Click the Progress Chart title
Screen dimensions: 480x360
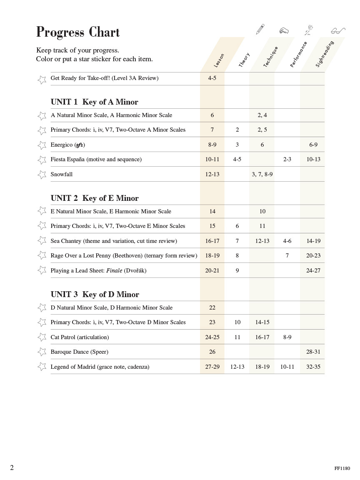coord(78,32)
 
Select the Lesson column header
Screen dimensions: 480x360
coord(219,60)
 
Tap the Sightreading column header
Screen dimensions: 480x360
coord(325,54)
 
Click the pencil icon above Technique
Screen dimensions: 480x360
coord(260,29)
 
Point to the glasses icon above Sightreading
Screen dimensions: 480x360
coord(338,30)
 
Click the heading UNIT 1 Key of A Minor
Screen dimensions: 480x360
coord(94,102)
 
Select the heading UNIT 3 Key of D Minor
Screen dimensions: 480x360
coord(95,295)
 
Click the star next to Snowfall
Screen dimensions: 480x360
coord(42,175)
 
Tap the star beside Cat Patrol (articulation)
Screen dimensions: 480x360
coord(42,337)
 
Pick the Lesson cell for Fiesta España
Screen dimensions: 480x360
coord(212,160)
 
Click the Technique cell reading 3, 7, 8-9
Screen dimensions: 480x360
coord(262,175)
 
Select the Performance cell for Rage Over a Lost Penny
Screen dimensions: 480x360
coord(287,256)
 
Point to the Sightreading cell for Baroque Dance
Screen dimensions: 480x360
coord(313,352)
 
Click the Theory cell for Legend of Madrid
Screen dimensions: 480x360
coord(237,367)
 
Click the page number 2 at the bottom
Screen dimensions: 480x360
coord(12,467)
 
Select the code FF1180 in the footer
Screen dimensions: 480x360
coord(342,468)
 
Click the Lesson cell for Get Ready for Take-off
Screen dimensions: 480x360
coord(212,78)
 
